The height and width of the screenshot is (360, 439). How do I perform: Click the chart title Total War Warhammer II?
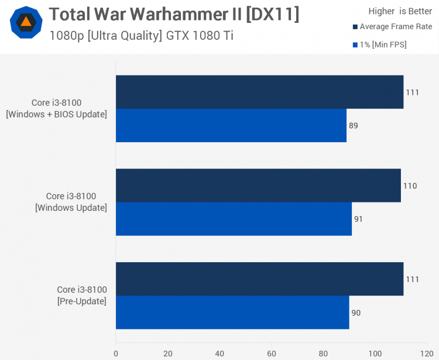pos(174,14)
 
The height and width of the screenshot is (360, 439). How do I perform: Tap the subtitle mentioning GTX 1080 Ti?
pos(141,35)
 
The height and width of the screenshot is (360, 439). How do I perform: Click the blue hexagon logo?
pos(26,23)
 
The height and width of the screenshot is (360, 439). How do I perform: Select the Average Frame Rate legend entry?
pos(392,27)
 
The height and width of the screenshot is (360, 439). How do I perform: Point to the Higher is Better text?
pos(400,11)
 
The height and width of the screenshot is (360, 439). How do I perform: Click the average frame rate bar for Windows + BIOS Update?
pos(259,92)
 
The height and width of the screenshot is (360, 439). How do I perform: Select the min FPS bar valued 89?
pos(231,125)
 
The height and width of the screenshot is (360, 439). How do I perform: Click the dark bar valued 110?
pos(258,186)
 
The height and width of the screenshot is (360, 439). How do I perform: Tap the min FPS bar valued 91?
pos(234,219)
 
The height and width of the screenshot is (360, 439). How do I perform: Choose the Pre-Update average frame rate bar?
pos(259,279)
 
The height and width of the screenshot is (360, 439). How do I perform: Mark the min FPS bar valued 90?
pos(232,313)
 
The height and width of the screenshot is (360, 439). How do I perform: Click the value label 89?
pos(353,125)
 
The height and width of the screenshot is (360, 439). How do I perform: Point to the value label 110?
pos(410,186)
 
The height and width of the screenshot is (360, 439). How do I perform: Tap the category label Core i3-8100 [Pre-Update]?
pos(82,296)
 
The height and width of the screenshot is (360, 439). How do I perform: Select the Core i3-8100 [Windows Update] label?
pos(71,202)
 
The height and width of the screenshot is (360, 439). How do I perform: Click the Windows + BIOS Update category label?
pos(56,108)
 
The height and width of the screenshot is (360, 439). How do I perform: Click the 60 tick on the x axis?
pos(271,354)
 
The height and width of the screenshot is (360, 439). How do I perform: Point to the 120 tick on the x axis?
pos(427,354)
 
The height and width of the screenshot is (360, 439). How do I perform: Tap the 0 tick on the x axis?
pos(116,354)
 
